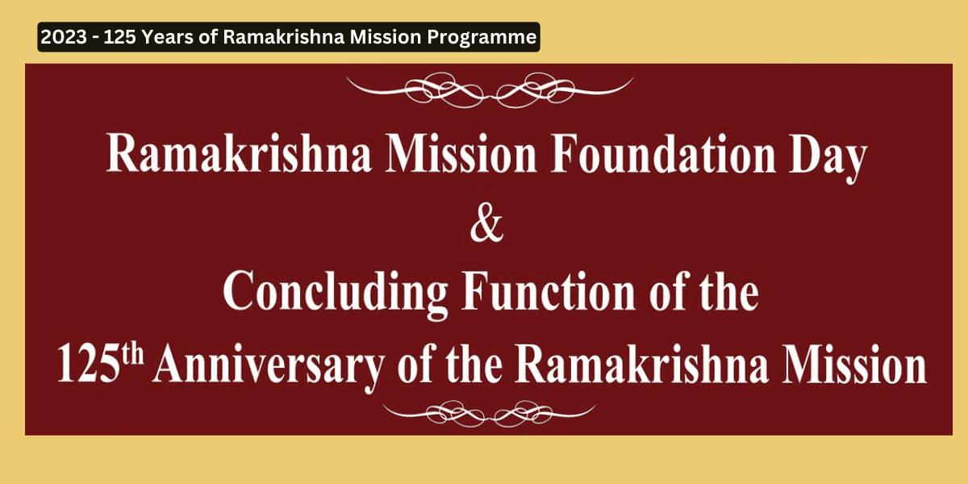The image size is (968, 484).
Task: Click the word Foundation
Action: (x=663, y=153)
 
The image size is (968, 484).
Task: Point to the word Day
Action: (x=828, y=158)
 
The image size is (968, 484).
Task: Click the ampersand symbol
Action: (x=487, y=225)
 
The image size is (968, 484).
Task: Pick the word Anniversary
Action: (x=269, y=366)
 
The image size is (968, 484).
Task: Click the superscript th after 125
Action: (x=132, y=355)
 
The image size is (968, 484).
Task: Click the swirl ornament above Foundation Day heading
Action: (x=490, y=90)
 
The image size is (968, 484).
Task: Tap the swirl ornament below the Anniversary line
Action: (x=489, y=414)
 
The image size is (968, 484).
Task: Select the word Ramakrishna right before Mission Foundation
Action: (x=239, y=153)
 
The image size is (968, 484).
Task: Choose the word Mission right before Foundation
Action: (x=461, y=153)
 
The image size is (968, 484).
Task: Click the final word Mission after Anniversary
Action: (x=854, y=365)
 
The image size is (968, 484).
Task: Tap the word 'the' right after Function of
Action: (x=730, y=290)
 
